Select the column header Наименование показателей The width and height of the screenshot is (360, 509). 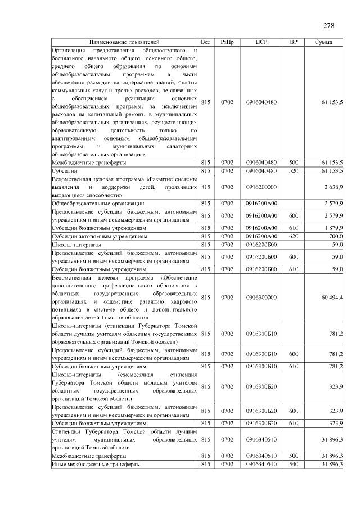click(124, 42)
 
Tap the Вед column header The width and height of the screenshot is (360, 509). click(206, 42)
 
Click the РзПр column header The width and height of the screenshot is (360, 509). click(227, 42)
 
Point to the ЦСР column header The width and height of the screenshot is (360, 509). click(262, 42)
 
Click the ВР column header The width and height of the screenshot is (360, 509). click(293, 42)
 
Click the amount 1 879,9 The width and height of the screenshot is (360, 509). click(333, 228)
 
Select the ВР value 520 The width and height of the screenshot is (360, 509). click(293, 170)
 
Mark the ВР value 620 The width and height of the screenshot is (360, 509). click(293, 237)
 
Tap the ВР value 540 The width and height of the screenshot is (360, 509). click(293, 464)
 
